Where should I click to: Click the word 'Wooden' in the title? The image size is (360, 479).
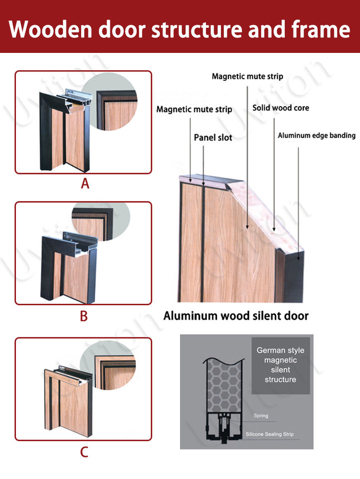pos(50,29)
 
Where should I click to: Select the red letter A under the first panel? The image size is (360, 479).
pos(85,184)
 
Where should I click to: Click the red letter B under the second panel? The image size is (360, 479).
pos(84,316)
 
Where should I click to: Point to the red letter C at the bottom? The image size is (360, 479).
pos(84,452)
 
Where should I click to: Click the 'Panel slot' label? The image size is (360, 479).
pos(213,138)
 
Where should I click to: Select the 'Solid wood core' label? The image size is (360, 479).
pos(281,108)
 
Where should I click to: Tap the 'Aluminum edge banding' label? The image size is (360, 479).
pos(317,135)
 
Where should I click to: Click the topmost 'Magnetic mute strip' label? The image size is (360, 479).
pos(247,76)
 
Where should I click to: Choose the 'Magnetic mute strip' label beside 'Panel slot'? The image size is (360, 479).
pos(194,109)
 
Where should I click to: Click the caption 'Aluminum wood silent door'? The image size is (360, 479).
pos(236,315)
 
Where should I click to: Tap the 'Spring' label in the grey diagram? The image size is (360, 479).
pos(261,416)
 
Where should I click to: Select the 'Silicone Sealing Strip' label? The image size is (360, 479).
pos(270,434)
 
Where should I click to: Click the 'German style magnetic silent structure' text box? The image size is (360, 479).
pos(281,365)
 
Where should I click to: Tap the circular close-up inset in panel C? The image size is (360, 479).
pos(108,365)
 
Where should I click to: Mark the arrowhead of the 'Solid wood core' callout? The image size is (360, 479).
pos(274,229)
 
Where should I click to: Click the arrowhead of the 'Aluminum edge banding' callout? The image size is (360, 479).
pos(298,258)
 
